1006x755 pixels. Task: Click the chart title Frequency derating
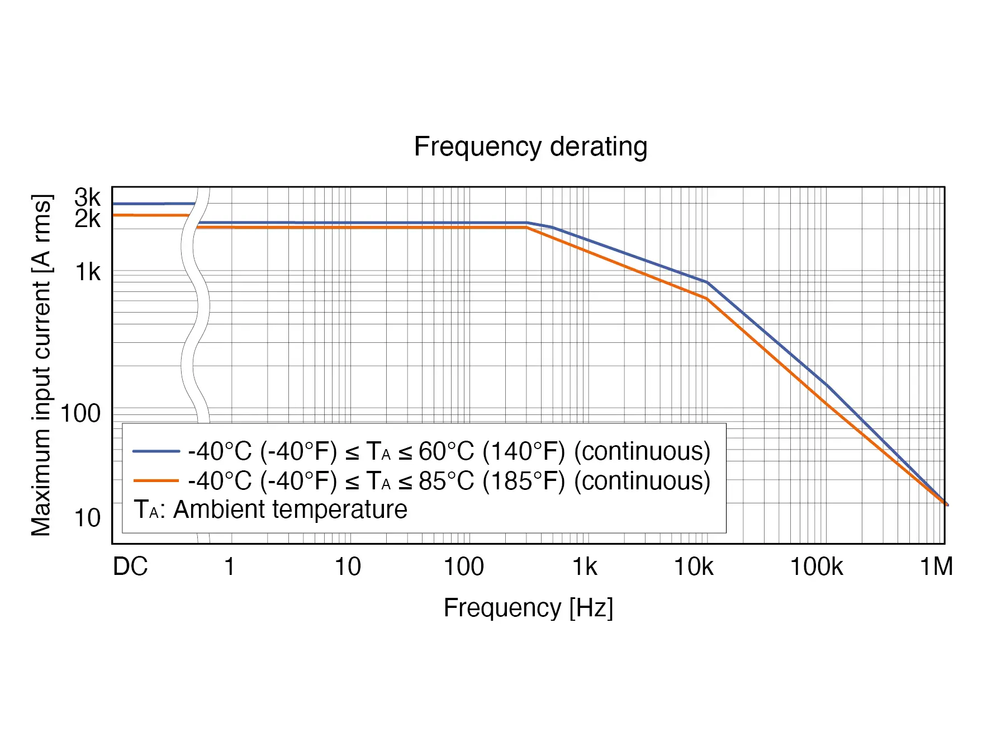tap(530, 147)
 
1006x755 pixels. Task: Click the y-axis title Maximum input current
tap(41, 365)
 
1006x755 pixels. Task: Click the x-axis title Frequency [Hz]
tap(528, 607)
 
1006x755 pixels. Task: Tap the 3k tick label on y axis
tap(88, 197)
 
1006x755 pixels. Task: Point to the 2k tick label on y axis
tap(88, 219)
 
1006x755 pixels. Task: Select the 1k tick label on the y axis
tap(88, 272)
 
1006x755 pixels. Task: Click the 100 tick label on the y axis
tap(80, 413)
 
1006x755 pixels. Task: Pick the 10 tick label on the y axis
tap(87, 518)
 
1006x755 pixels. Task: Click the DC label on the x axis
tap(130, 567)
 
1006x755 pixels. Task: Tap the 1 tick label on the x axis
tap(229, 567)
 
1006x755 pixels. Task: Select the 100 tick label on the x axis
tap(463, 567)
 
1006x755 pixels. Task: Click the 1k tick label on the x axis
tap(585, 567)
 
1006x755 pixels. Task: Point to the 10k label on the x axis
tap(694, 567)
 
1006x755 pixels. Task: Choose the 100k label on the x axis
tap(816, 567)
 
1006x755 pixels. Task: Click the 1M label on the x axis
tap(936, 567)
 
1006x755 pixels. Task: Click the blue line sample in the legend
tap(156, 451)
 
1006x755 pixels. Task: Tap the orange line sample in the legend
tap(156, 480)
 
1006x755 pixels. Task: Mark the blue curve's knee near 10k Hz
tap(708, 282)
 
